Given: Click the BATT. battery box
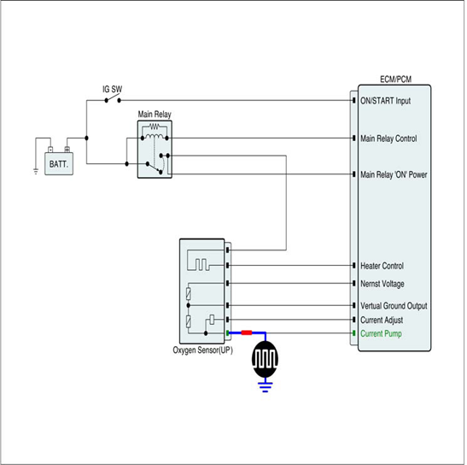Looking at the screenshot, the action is pos(59,163).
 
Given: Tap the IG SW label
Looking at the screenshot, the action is pos(113,89).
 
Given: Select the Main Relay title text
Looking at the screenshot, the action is pos(155,115).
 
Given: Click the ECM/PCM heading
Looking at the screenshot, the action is pos(395,79).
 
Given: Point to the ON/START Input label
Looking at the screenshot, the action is pos(385,101).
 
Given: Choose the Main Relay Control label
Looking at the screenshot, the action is pos(388,138).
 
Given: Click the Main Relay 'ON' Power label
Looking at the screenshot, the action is pos(394,174).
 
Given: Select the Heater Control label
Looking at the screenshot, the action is pos(382,266).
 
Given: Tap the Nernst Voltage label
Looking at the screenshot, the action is pos(382,284).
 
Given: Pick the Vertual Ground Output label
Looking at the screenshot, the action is pos(394,306).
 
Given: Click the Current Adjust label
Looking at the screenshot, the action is pos(382,320).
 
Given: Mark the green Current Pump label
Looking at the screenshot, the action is pos(381,333).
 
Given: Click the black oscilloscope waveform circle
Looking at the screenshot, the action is pos(265,359).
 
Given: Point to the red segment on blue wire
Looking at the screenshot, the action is pos(247,333).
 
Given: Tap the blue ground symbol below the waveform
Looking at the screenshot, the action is pos(265,387).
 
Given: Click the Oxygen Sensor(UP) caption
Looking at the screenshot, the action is pos(202,350).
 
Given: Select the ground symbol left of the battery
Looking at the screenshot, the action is pos(36,171).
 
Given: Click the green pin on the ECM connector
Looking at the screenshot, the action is pos(353,333).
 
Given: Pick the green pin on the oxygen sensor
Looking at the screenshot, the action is pos(228,333).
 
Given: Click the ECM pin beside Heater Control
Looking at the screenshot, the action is pos(353,265).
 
